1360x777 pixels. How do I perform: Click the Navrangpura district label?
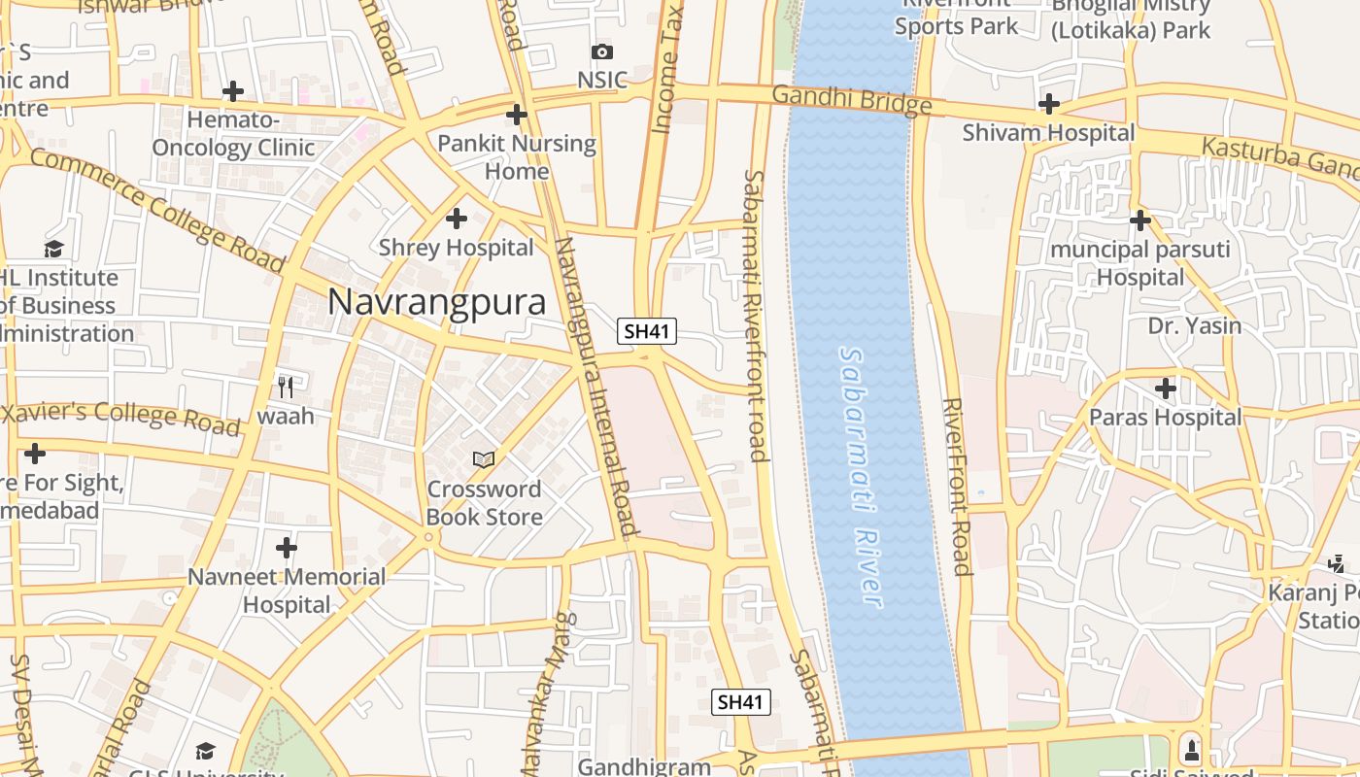click(x=436, y=302)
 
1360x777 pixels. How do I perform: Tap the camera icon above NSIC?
click(x=601, y=51)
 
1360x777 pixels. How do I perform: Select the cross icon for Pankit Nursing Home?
click(x=517, y=115)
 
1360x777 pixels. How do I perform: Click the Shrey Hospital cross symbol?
click(x=456, y=219)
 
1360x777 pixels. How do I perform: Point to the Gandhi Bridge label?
click(x=852, y=100)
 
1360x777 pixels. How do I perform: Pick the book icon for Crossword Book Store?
click(x=484, y=459)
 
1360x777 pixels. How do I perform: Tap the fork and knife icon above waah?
click(x=286, y=387)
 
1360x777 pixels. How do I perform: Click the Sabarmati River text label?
click(x=861, y=476)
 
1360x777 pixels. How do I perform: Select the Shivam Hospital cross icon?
click(x=1048, y=104)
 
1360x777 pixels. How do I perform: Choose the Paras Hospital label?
click(x=1165, y=418)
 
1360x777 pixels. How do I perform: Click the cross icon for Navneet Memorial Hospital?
click(x=286, y=547)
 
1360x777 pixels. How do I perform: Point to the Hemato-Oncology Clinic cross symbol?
click(x=232, y=92)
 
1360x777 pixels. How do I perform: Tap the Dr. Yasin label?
click(x=1194, y=325)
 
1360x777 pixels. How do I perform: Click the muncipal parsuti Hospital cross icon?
click(x=1140, y=220)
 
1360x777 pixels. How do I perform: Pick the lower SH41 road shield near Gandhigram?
click(x=742, y=702)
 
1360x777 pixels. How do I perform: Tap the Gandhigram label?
click(x=644, y=766)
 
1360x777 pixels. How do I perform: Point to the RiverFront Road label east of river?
click(x=957, y=486)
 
